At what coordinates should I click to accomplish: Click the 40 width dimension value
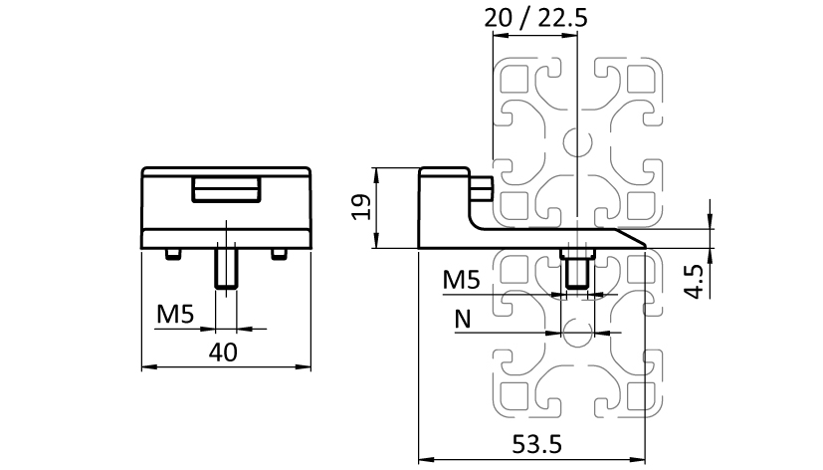(225, 352)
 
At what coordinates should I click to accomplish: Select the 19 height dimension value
(362, 207)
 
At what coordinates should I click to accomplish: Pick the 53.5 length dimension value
(534, 444)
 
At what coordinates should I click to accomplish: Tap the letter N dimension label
(462, 319)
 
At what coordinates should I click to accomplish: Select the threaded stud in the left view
(227, 270)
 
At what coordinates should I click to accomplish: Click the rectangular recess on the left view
(228, 189)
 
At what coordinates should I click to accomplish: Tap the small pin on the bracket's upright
(483, 186)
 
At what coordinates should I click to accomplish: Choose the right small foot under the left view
(280, 255)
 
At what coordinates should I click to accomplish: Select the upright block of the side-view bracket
(444, 194)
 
